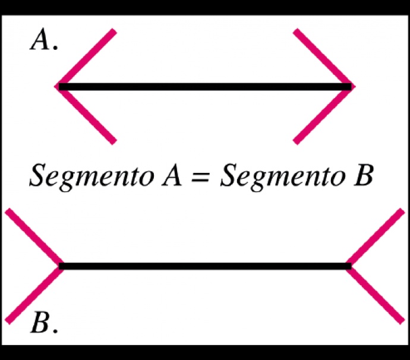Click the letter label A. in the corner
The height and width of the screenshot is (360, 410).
point(43,39)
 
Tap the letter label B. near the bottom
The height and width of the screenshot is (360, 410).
point(43,323)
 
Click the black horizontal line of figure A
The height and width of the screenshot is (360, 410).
point(205,87)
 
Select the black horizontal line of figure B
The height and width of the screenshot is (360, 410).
point(205,266)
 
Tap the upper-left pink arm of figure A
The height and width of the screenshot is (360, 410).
point(86,57)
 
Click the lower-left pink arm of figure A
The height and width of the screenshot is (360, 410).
point(86,115)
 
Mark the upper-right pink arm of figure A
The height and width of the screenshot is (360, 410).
point(324,57)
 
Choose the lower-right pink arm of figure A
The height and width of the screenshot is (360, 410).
point(324,115)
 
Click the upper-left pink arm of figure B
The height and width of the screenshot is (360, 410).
point(34,237)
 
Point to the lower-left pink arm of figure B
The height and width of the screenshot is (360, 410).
point(34,295)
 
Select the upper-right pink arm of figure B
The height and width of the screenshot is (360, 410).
point(375,237)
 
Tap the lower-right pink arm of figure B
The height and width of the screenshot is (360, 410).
point(375,295)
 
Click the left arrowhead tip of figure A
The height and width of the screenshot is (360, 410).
point(55,86)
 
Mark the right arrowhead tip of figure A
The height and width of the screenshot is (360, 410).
point(355,86)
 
